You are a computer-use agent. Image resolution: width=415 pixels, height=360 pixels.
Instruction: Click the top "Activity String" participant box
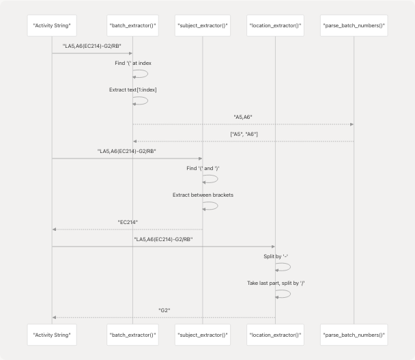[52, 26]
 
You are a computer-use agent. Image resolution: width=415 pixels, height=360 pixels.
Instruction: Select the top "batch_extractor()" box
[132, 26]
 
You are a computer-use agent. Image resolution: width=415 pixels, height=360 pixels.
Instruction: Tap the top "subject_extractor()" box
[203, 26]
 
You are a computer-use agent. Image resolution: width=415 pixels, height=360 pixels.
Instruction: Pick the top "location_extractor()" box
[275, 26]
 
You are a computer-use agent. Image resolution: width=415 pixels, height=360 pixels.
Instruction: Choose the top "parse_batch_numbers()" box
[354, 26]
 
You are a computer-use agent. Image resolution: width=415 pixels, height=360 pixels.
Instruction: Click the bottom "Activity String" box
[52, 335]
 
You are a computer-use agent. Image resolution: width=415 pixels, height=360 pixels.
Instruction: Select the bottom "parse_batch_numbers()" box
[354, 335]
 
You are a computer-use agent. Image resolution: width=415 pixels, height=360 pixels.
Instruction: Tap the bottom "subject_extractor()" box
[203, 335]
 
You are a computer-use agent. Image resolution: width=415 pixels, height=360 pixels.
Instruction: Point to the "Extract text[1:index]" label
[132, 89]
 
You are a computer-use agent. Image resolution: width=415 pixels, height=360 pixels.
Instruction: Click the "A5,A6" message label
[243, 116]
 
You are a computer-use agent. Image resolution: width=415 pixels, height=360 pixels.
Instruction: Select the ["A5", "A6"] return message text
[243, 134]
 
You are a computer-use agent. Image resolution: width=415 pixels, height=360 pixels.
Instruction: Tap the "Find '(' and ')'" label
[203, 168]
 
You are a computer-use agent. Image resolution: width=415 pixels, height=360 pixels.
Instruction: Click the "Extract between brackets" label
[203, 195]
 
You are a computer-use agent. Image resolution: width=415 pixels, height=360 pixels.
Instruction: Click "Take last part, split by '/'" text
[275, 282]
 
